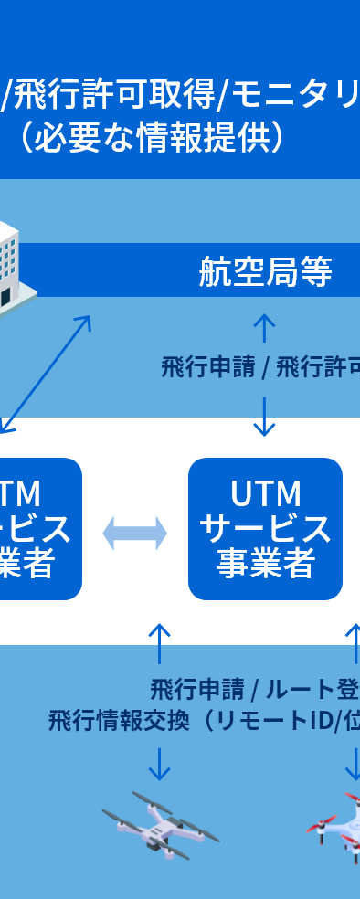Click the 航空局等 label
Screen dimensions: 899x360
point(265,271)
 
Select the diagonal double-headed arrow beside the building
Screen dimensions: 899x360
point(47,374)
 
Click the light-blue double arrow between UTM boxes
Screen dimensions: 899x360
point(135,533)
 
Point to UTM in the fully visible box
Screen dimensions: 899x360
point(265,494)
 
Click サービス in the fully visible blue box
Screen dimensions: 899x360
point(265,529)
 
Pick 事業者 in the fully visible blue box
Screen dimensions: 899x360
point(265,564)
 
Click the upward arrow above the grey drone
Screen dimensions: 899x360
point(160,643)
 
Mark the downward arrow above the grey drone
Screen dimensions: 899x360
point(160,764)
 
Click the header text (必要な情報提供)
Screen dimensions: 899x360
point(152,137)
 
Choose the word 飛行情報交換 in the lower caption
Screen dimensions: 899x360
point(119,720)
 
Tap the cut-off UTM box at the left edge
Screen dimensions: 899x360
point(37,529)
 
